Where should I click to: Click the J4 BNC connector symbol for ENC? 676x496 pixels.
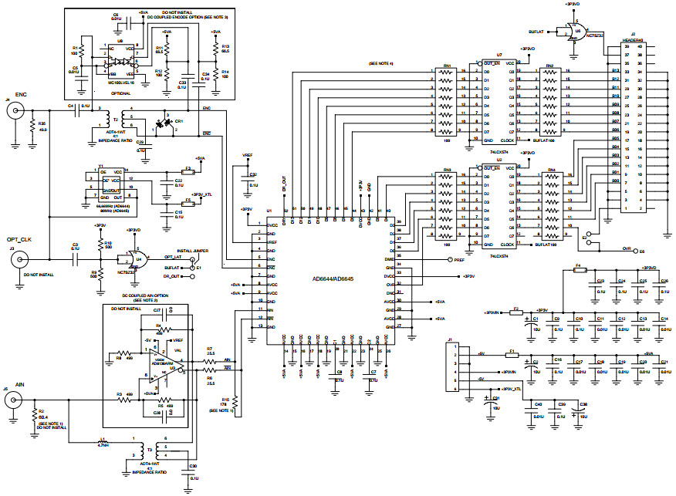pos(14,112)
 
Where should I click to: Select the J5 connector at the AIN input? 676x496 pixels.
pos(14,400)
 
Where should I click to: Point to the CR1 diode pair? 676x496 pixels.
pos(165,124)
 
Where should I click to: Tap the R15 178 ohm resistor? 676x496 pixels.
pos(235,402)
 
